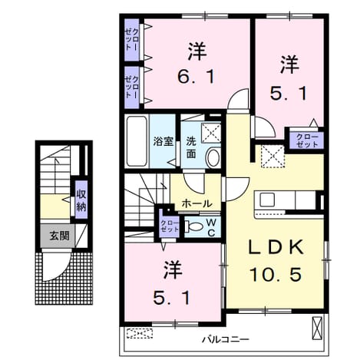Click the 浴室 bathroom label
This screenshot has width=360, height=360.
(163, 141)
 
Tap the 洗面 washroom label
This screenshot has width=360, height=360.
(191, 147)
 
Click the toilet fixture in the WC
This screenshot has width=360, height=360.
(193, 226)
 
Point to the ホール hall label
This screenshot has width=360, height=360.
(197, 203)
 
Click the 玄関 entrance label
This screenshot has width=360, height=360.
(59, 236)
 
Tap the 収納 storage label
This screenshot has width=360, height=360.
(81, 200)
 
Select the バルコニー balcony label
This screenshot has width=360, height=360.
(226, 339)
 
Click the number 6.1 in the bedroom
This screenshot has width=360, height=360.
(196, 76)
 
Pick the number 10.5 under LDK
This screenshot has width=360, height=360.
(276, 274)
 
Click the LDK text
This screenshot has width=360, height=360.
(276, 247)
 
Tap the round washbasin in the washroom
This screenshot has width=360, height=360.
(213, 158)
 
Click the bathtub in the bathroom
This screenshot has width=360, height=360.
(137, 141)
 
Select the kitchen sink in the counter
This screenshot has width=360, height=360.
(267, 200)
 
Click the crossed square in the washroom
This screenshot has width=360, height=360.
(211, 133)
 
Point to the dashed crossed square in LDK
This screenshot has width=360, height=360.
(272, 156)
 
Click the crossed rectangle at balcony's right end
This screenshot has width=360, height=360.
(317, 328)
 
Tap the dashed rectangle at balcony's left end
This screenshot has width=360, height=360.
(140, 333)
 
